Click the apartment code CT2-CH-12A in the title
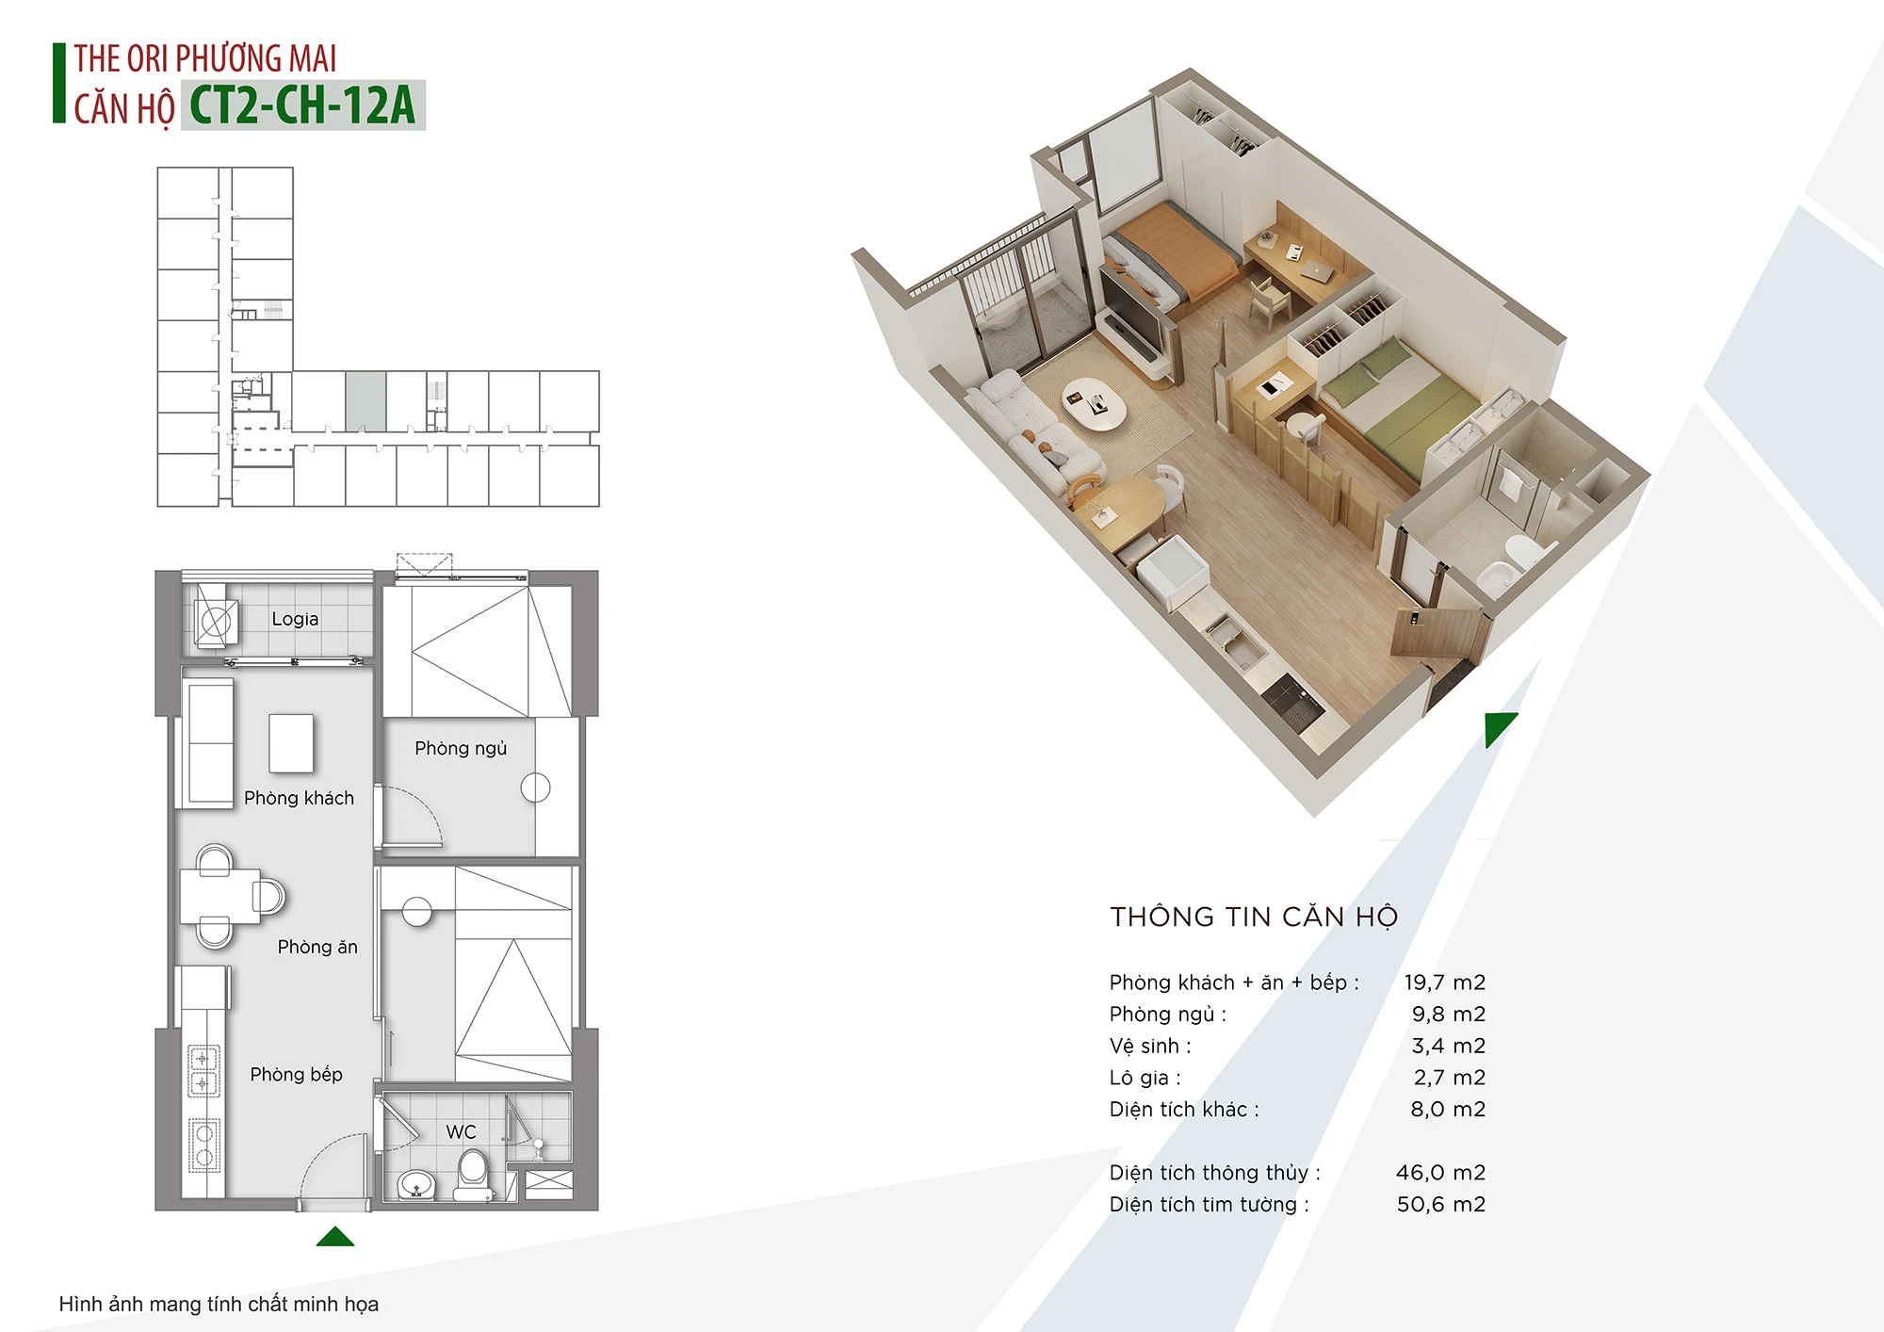[302, 105]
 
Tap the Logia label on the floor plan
[295, 619]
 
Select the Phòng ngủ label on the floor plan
[461, 748]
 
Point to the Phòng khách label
[299, 798]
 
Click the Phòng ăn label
[317, 947]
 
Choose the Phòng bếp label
[296, 1074]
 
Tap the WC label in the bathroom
[462, 1131]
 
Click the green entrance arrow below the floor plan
[335, 1236]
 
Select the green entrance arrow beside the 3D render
[1498, 726]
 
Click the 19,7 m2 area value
[1444, 983]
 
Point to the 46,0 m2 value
[1440, 1173]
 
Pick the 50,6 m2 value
[1441, 1204]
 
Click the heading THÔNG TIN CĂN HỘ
[1254, 917]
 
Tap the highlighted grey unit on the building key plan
[365, 401]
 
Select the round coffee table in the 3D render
[1095, 404]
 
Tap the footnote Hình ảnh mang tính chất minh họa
[219, 1304]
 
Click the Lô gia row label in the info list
[1145, 1078]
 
